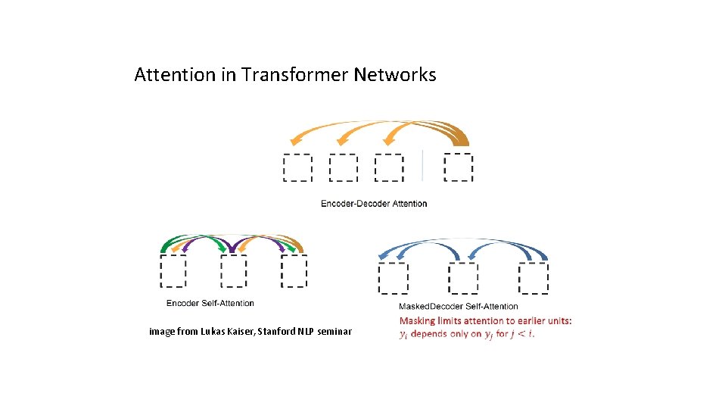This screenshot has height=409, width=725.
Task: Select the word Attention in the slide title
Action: (175, 75)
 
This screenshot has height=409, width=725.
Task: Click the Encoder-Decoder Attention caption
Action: (374, 203)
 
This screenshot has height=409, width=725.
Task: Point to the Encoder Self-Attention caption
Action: (210, 303)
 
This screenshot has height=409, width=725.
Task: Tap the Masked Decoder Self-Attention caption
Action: (459, 306)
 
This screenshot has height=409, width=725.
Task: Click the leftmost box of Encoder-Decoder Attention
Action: (297, 167)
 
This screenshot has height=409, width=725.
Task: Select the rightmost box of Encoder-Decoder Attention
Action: (459, 167)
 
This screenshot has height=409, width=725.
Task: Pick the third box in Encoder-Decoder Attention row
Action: (389, 167)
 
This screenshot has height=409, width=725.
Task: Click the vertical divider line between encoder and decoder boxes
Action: (423, 166)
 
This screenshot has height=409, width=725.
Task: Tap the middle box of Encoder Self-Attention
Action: (234, 271)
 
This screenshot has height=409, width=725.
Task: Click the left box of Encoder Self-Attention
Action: (173, 271)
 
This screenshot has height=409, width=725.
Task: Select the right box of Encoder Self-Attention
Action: (294, 271)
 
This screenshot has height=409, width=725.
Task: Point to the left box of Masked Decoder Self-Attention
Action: (393, 278)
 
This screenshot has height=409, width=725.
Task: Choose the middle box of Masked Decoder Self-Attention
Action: (463, 278)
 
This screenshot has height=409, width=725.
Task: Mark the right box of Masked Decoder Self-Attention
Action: (534, 278)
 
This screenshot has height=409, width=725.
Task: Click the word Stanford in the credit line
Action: (275, 332)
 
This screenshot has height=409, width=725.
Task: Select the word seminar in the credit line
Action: (334, 332)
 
